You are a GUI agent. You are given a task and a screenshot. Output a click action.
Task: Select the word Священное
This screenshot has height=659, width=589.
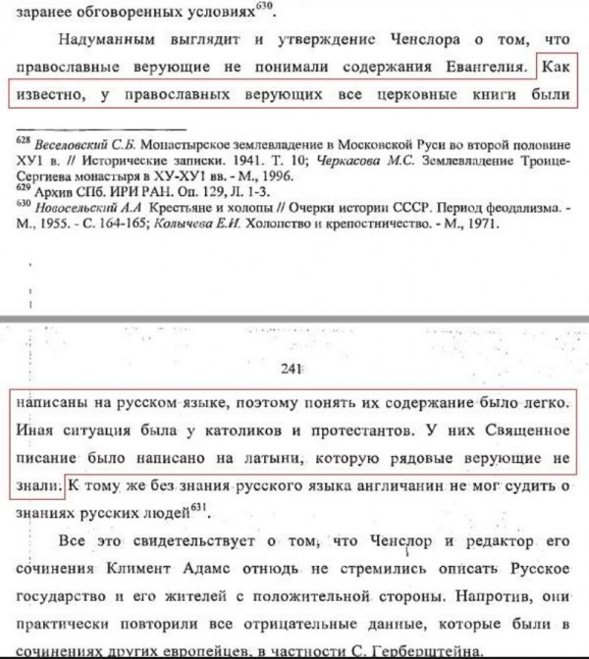pos(513,431)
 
